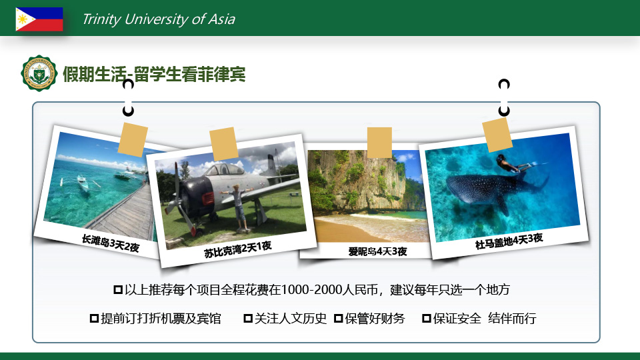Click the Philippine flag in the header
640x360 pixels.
click(39, 19)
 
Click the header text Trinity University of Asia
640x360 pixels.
click(159, 19)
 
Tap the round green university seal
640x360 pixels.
click(39, 73)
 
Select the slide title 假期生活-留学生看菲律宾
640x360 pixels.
click(154, 74)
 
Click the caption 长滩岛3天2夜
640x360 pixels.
click(111, 243)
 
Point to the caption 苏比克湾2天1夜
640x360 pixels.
click(238, 249)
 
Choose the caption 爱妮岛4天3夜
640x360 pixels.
click(377, 251)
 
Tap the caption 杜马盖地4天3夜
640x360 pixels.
click(509, 241)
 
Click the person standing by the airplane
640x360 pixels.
click(239, 207)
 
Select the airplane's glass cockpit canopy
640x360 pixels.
click(224, 169)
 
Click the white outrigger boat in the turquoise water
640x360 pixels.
click(83, 184)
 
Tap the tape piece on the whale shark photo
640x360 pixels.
click(497, 135)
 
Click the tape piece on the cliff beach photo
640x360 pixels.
click(379, 143)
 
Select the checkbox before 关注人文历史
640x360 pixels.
click(248, 319)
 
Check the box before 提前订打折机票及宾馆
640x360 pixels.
click(94, 319)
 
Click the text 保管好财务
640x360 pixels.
click(375, 319)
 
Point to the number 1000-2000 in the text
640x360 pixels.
click(311, 290)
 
